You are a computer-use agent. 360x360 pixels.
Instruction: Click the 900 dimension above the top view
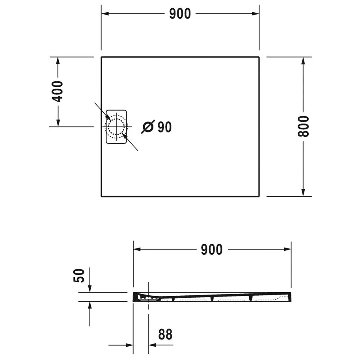click(180, 14)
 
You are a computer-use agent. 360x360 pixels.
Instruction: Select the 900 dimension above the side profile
click(212, 249)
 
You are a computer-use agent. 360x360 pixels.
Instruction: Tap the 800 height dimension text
click(303, 126)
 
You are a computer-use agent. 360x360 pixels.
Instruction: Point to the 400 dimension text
click(58, 91)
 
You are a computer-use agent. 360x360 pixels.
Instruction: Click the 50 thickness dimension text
click(79, 275)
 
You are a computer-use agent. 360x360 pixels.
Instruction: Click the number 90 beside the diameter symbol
click(164, 127)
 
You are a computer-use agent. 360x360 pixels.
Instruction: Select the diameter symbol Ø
click(147, 127)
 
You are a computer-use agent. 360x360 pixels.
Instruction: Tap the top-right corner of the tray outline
click(259, 58)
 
